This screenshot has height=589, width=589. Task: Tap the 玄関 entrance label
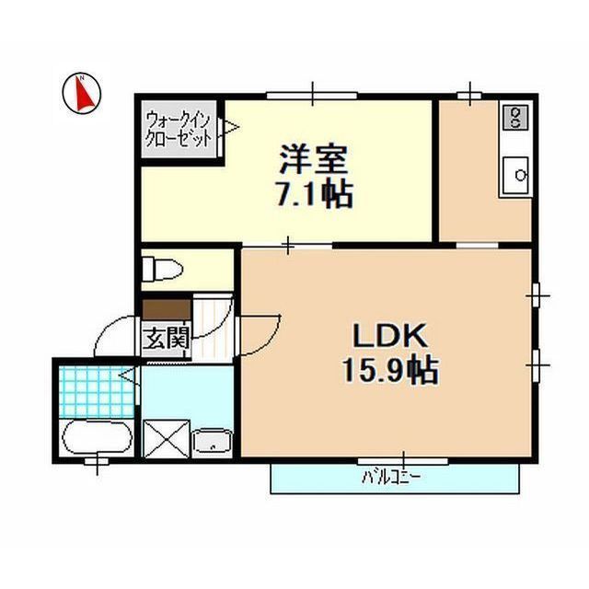[x=165, y=338]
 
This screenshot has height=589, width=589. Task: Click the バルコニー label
[x=390, y=478]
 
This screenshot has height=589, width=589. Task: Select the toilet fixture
[x=161, y=268]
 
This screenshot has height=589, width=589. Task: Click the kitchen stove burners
[x=514, y=117]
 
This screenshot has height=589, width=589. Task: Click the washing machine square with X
[x=167, y=437]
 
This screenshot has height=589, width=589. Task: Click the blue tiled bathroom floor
[x=88, y=390]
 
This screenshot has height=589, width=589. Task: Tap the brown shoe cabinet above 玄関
[x=166, y=309]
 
